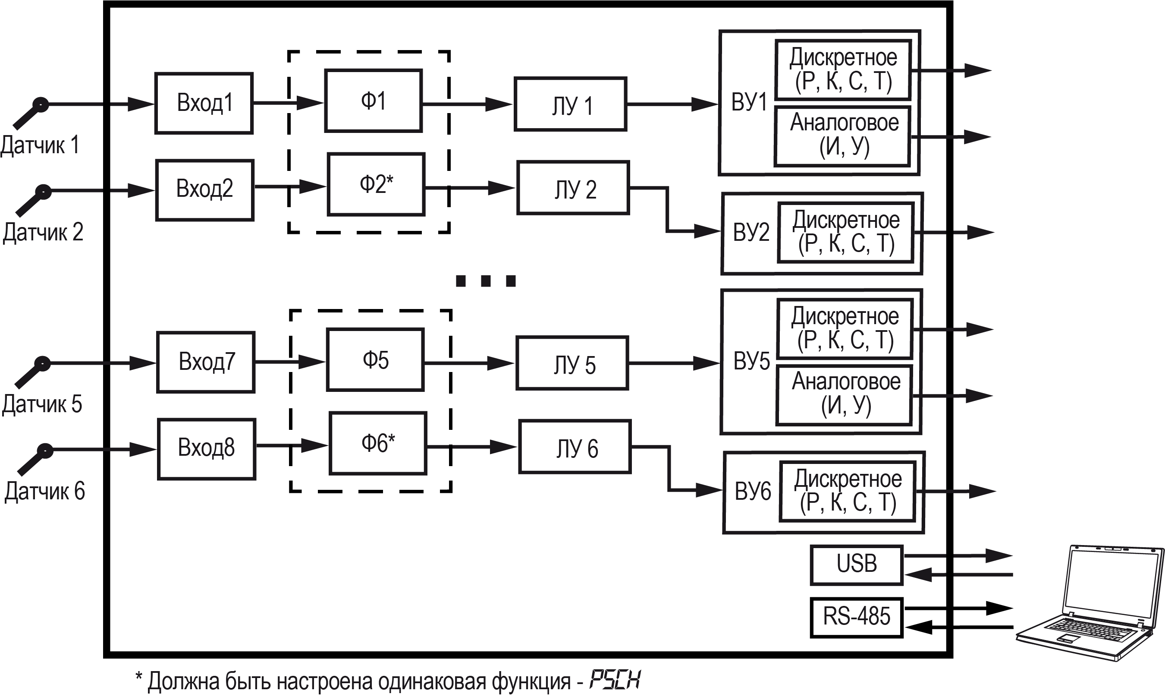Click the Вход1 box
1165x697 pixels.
click(204, 103)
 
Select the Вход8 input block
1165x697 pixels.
click(207, 448)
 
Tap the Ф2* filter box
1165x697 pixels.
click(376, 184)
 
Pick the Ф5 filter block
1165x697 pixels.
click(376, 360)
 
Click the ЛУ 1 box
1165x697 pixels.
click(570, 104)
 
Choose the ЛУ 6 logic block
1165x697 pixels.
click(575, 447)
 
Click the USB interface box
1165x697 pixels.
click(856, 565)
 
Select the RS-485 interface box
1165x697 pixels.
click(856, 617)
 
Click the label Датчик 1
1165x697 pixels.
click(40, 145)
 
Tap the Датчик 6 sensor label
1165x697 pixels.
click(44, 491)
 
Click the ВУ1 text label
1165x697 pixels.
click(749, 102)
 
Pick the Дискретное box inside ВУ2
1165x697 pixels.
click(846, 233)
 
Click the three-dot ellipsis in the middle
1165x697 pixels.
click(486, 281)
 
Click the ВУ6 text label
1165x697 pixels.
click(752, 491)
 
